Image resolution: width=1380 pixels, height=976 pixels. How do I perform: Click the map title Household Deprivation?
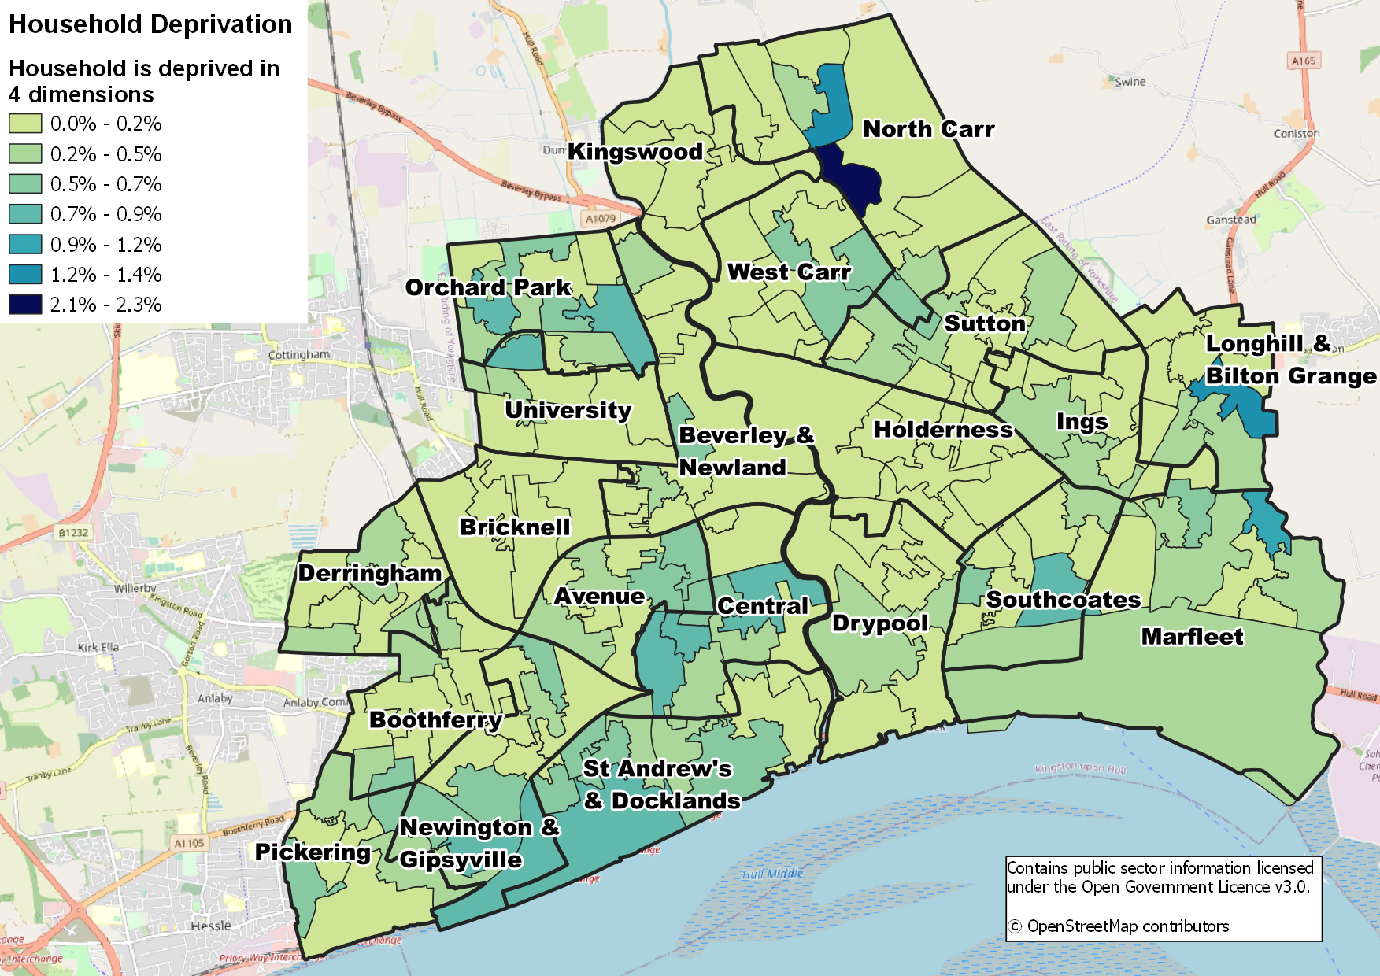coord(150,24)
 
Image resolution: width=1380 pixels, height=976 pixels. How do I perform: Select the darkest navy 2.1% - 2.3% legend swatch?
coord(25,305)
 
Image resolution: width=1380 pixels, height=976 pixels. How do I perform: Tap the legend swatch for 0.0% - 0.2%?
coord(25,124)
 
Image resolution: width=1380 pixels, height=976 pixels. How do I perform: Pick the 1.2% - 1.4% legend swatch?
coord(25,275)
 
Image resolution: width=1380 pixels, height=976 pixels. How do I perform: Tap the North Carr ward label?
coord(928,129)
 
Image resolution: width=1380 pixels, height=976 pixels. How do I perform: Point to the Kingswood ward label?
coord(635,152)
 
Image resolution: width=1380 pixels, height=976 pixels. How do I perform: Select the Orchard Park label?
coord(488,287)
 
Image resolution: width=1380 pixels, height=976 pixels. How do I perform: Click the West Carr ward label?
coord(789,272)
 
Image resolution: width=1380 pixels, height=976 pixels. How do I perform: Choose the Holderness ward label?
coord(943,430)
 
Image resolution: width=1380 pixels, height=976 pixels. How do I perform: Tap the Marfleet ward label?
coord(1192,637)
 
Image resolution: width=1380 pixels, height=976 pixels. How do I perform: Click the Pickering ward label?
coord(313,852)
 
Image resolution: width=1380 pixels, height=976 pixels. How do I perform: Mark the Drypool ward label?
coord(880,623)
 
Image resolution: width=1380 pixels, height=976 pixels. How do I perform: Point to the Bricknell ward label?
coord(515,527)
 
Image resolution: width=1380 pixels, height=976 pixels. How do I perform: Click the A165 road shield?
coord(1304,61)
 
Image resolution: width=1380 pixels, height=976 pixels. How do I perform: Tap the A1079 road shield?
coord(601,219)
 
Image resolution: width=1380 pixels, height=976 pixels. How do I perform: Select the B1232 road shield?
coord(73,533)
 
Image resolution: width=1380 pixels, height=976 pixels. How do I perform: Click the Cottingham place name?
coord(299,355)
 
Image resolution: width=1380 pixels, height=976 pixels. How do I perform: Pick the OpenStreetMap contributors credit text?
coord(1127,926)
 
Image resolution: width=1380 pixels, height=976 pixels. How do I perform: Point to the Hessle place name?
coord(211,926)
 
